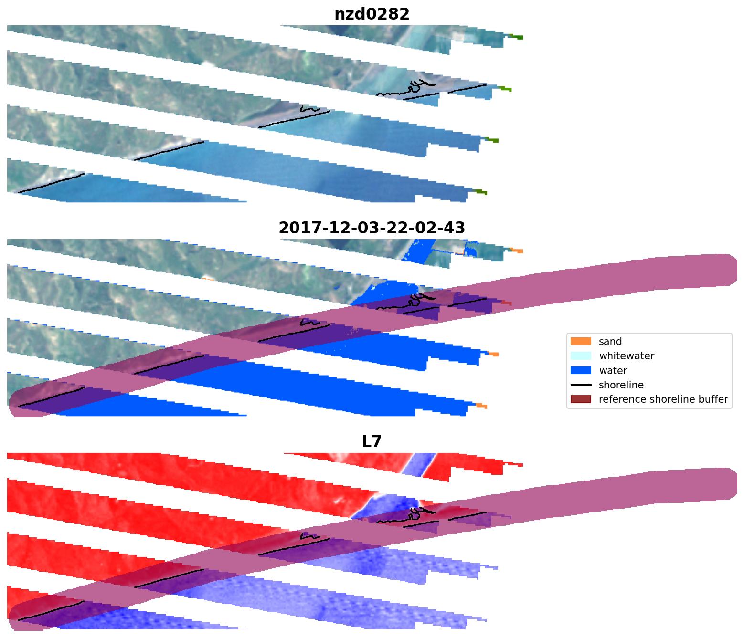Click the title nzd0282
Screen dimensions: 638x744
(x=372, y=14)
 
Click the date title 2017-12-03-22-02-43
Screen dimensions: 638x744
(x=372, y=228)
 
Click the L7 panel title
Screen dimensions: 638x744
(x=372, y=442)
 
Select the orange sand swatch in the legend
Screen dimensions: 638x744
(x=580, y=342)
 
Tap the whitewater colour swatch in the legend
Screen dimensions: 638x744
(x=580, y=356)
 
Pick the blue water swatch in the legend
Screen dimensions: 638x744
(x=580, y=371)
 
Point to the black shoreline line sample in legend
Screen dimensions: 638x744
(x=580, y=385)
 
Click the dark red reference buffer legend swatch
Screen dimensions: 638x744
(x=580, y=399)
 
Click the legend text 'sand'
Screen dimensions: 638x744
(x=610, y=342)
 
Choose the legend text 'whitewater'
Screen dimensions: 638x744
(x=626, y=356)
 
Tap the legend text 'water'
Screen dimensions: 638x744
(x=613, y=371)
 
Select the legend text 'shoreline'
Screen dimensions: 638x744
(x=621, y=385)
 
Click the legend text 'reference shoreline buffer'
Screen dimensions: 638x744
(x=663, y=399)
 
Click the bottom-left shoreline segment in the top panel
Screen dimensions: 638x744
(x=51, y=183)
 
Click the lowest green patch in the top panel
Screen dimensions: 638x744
(x=480, y=192)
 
